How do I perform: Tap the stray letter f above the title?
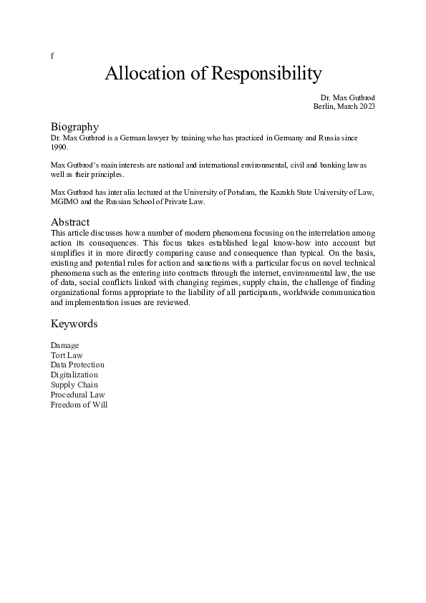pos(52,56)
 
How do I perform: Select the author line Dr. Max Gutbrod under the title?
pos(347,97)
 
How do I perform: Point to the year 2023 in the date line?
pos(366,106)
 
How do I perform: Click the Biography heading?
pos(74,126)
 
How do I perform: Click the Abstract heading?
pos(69,222)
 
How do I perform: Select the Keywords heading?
pos(74,324)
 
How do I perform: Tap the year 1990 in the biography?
pos(59,146)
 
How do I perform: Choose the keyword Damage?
pos(64,346)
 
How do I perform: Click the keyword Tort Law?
pos(67,355)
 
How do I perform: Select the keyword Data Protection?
pos(77,365)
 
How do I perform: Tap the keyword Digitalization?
pos(74,375)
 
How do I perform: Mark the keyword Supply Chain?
pos(74,385)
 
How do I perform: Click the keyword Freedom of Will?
pos(79,405)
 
